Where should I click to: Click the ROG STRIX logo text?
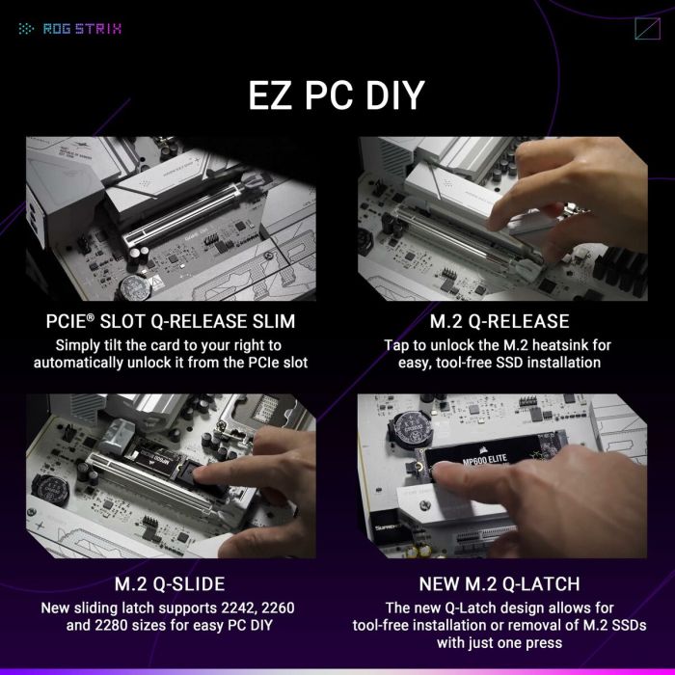[x=82, y=28]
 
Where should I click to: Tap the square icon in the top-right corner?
[x=647, y=28]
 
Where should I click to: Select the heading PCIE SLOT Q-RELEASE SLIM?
[x=170, y=320]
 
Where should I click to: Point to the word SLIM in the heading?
[x=270, y=320]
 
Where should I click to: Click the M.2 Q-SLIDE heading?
[x=170, y=583]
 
